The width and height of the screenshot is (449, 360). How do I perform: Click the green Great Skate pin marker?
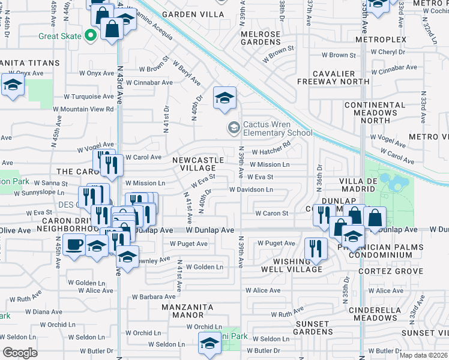[x=91, y=36]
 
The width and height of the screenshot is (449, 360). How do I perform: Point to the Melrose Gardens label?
[x=261, y=38]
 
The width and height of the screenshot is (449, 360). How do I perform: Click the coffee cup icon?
[x=74, y=245]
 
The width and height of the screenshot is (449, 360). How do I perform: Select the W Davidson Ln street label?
[x=251, y=190]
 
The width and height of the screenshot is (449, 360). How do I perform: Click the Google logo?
[x=20, y=352]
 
